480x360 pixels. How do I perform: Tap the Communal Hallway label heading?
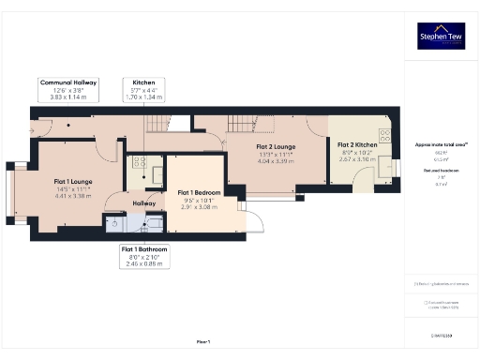click(x=69, y=82)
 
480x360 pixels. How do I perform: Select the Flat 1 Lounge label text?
click(x=72, y=181)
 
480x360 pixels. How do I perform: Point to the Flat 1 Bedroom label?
click(x=199, y=192)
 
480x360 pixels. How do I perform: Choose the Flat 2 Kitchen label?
click(x=357, y=145)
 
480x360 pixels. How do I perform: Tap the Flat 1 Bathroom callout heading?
click(x=144, y=249)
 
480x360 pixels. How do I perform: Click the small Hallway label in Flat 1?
click(x=144, y=203)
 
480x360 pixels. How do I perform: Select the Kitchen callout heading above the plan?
click(x=143, y=82)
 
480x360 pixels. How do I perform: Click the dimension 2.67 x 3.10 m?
click(x=357, y=160)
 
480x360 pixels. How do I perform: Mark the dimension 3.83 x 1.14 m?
click(x=69, y=97)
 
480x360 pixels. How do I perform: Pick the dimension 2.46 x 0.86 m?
click(x=144, y=263)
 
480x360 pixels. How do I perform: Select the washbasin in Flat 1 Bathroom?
click(x=113, y=223)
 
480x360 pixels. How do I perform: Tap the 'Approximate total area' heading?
click(x=441, y=145)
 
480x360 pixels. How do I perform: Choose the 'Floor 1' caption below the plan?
click(x=202, y=342)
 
